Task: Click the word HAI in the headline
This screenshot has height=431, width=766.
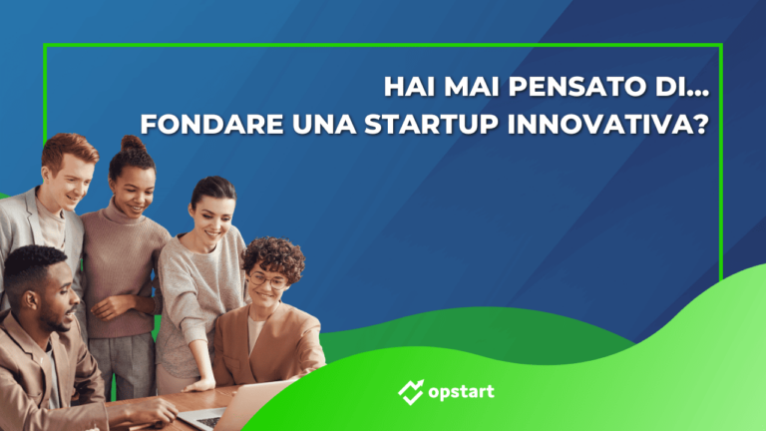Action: [x=407, y=87]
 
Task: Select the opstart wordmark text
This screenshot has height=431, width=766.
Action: [x=462, y=391]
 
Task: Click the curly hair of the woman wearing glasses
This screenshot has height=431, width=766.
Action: [x=273, y=254]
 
